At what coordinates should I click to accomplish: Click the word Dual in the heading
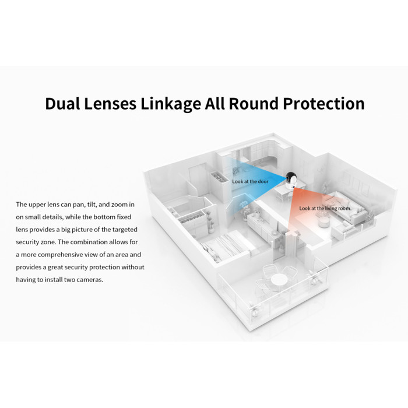tap(62, 103)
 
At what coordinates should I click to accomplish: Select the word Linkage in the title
tap(171, 104)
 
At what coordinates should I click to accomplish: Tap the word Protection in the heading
tap(323, 103)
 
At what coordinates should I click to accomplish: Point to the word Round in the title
tap(254, 103)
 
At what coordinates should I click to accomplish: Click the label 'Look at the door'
tap(250, 181)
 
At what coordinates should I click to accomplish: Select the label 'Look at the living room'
tap(325, 208)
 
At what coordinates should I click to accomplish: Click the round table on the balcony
tap(279, 280)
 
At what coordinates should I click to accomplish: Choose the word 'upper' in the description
tap(37, 205)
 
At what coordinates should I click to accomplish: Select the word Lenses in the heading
tap(110, 103)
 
